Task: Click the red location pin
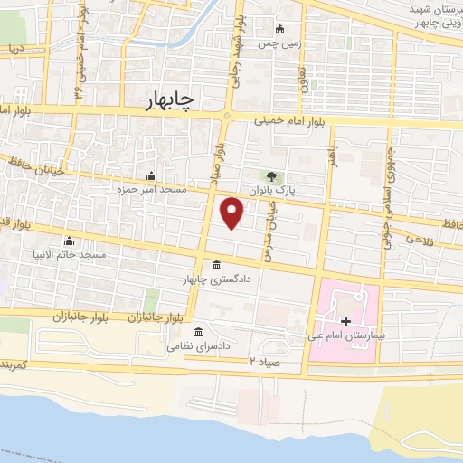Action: coord(232,213)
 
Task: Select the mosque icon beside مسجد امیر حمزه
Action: coord(150,176)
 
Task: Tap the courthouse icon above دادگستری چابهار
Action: coord(216,266)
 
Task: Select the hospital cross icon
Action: coord(345,321)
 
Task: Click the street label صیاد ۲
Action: coord(268,361)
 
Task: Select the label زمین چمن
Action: coord(279,43)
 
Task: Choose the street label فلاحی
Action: coord(420,239)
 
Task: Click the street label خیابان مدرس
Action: coord(269,231)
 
